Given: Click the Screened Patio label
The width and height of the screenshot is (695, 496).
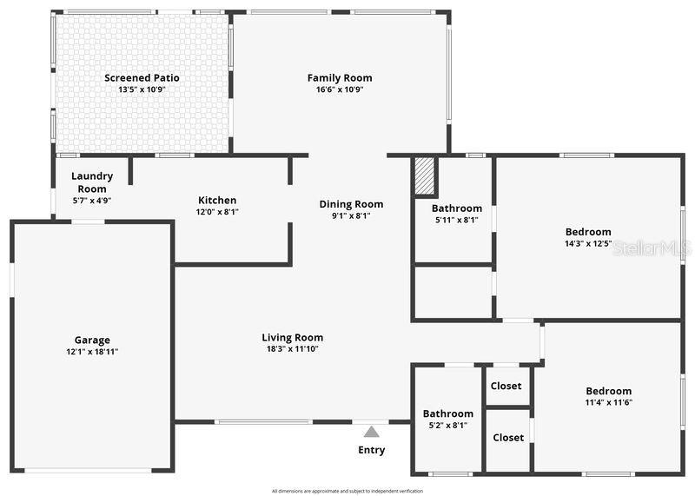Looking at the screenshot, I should coord(142,78).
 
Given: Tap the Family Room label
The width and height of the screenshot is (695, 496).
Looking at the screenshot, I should coord(340,78).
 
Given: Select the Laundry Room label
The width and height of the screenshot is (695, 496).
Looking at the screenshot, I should coord(92,182).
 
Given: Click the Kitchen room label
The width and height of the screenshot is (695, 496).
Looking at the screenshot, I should coord(217,201).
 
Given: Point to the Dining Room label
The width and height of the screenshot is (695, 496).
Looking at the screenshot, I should coord(351,205).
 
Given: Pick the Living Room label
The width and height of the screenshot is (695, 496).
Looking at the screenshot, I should coord(293,338).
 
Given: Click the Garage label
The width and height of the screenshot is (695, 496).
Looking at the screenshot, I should coord(92,341).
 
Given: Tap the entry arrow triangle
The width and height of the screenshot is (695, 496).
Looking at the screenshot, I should coord(371,431).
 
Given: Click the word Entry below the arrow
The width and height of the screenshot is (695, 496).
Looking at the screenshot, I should coord(371,450).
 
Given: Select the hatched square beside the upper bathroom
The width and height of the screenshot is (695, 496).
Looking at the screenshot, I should coord(424,176).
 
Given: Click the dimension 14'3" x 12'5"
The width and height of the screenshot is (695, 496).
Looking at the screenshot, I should coord(588,244).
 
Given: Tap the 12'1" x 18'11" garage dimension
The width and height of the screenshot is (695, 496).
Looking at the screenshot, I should coord(92,352).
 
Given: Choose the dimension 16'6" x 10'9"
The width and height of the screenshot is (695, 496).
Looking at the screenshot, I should coord(340,89).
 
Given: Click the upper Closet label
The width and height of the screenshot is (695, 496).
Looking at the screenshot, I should coord(506,386).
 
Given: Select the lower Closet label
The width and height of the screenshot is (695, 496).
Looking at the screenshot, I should coord(508,438).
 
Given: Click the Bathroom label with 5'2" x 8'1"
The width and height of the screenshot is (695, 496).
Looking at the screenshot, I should coord(448,413).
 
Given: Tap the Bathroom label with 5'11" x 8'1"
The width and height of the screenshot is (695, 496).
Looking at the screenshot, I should coord(457,208).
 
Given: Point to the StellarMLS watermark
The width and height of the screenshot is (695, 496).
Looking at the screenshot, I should coord(652,248).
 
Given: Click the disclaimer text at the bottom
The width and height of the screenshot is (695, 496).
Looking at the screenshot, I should coord(347,491).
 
